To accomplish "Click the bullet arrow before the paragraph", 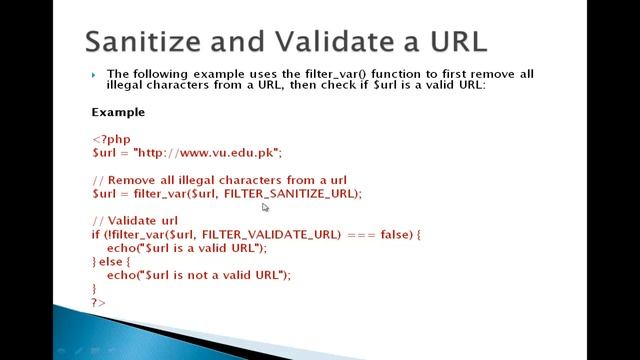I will pyautogui.click(x=93, y=74).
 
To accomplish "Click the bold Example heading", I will pyautogui.click(x=118, y=112).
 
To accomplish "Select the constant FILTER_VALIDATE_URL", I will pyautogui.click(x=278, y=234).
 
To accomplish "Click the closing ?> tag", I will pyautogui.click(x=98, y=301).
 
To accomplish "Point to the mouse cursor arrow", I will pyautogui.click(x=265, y=207).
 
